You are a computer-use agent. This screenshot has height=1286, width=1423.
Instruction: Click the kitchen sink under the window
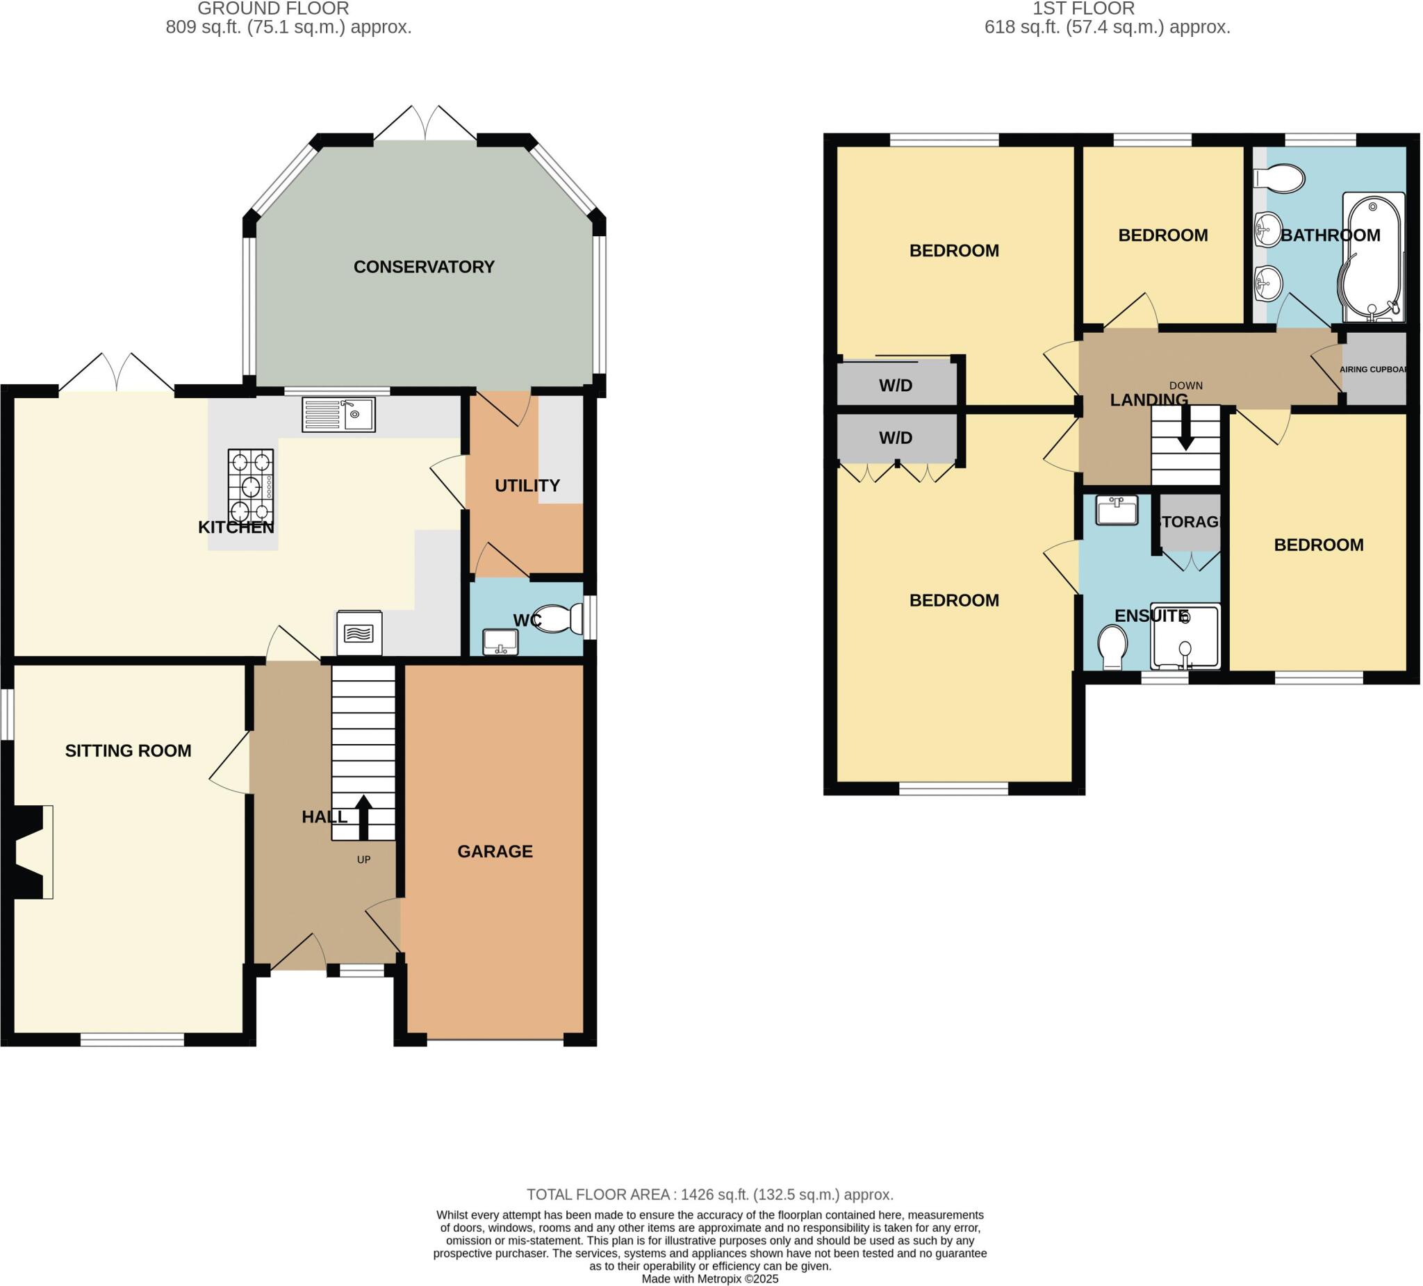(x=338, y=414)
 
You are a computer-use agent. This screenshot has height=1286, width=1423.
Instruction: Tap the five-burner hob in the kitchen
(x=251, y=485)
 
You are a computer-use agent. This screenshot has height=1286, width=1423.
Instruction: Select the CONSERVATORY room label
(x=424, y=267)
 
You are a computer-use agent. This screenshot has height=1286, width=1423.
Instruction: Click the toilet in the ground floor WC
(x=558, y=619)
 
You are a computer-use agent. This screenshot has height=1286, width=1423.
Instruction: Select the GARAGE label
(x=495, y=851)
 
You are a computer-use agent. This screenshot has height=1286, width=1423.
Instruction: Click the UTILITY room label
(x=527, y=486)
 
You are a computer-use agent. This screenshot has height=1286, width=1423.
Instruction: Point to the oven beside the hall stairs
(x=359, y=632)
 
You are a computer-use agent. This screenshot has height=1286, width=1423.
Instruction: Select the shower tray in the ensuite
(x=1185, y=636)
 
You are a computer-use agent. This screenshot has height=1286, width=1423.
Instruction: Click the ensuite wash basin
(x=1117, y=509)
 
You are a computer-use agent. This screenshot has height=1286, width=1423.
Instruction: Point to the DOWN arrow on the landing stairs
(x=1186, y=432)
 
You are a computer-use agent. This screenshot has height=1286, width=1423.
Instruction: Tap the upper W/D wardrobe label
(x=895, y=386)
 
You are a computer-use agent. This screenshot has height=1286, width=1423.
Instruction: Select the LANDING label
(x=1149, y=400)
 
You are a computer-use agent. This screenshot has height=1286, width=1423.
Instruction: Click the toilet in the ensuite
(x=1112, y=647)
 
